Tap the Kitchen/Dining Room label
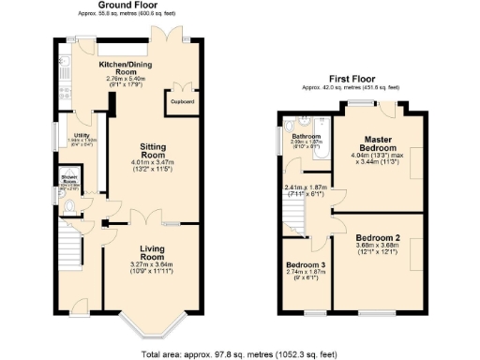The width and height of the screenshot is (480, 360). click(127, 66)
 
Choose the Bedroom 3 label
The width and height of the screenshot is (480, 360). click(305, 265)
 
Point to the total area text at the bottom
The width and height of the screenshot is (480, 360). click(240, 354)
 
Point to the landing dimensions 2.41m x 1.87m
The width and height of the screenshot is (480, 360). click(306, 189)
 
